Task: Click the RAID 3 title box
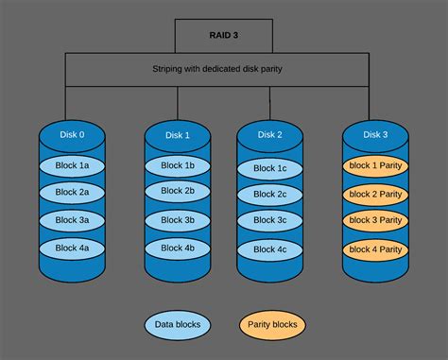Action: coord(224,34)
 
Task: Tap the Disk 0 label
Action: coord(72,134)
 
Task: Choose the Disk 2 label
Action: coord(269,135)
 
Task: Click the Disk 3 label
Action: coord(375,135)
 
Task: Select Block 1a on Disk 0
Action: coord(72,165)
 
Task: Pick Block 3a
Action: coord(72,219)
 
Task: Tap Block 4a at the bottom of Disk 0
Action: coord(72,247)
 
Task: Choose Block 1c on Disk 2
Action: coord(269,169)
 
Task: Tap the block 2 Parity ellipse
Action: coord(375,195)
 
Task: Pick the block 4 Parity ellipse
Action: coord(375,249)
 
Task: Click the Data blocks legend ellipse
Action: coord(179,324)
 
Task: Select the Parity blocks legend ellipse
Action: coord(273,324)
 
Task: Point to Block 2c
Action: coord(269,196)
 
